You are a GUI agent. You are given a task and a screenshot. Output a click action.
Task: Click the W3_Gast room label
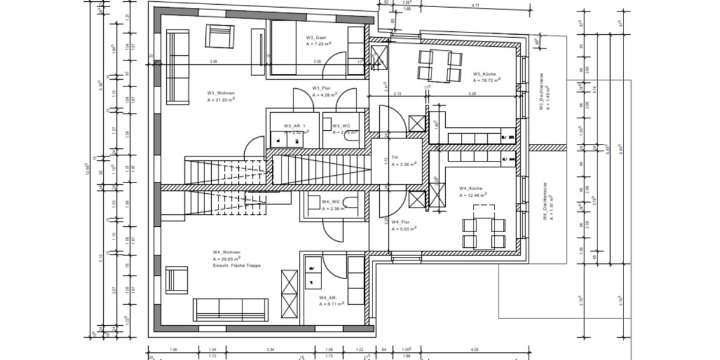pyautogui.click(x=316, y=37)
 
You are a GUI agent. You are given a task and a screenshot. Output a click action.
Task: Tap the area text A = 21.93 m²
pyautogui.click(x=221, y=101)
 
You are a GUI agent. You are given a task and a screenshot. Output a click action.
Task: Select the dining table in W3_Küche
pyautogui.click(x=440, y=66)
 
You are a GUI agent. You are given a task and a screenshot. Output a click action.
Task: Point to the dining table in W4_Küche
pyautogui.click(x=483, y=227)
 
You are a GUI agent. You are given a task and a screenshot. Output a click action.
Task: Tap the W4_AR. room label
pyautogui.click(x=328, y=297)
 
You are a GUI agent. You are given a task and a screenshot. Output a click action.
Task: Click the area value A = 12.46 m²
pyautogui.click(x=473, y=195)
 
